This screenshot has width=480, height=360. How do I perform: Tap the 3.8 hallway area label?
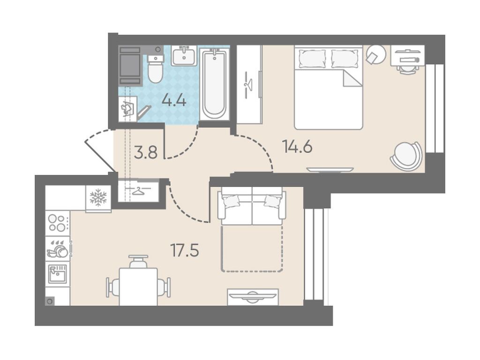coord(146,152)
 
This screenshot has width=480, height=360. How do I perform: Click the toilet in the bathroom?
coord(156,69)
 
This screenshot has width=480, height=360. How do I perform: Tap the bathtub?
coord(214,84)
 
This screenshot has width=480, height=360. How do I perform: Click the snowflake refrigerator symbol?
coord(98,197)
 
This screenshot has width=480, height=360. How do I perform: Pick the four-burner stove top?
coord(58,223)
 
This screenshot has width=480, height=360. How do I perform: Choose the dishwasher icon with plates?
coord(58,248)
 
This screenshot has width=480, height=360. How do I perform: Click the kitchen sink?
coord(58,274)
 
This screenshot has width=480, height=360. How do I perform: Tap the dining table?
coord(138,286)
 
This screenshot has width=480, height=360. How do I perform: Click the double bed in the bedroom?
coord(329,87)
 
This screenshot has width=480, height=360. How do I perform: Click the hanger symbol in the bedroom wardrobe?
coord(249,83)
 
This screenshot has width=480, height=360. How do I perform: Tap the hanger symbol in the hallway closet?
coord(138,190)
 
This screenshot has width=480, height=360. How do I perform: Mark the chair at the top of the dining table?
coord(138,262)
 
